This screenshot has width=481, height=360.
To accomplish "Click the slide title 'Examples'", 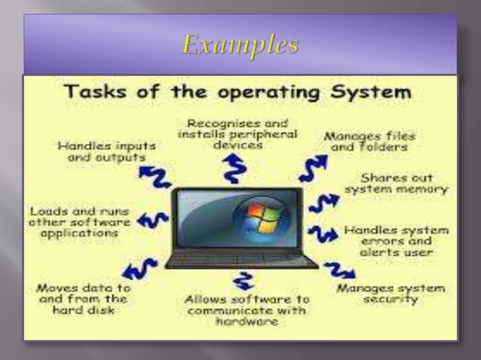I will click(x=240, y=45).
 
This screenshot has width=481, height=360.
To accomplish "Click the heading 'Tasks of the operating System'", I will click(x=240, y=95).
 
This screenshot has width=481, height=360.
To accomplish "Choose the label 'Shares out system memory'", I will click(x=396, y=185).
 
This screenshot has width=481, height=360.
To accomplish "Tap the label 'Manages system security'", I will click(x=390, y=294).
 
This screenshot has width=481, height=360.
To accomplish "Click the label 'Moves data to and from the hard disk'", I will click(x=83, y=299).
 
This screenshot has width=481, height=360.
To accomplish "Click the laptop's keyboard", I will click(x=241, y=260).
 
